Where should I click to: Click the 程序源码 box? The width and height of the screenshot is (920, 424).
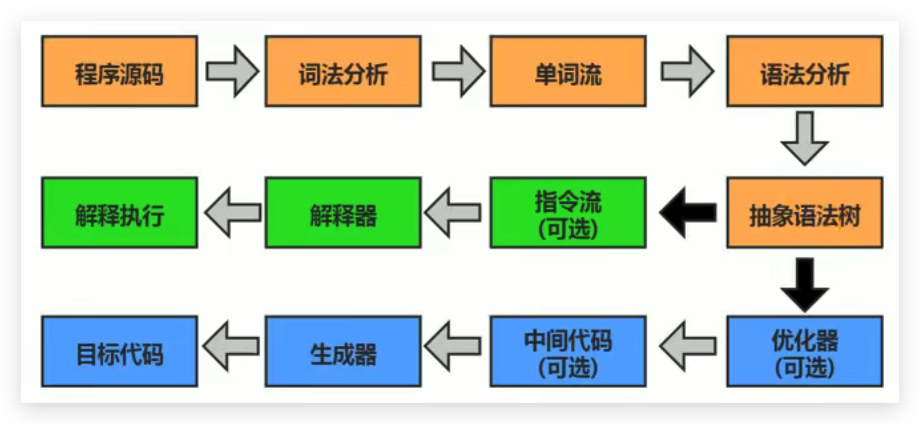120,71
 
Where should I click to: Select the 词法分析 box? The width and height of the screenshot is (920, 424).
343,71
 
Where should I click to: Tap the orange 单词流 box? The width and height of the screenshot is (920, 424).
568,71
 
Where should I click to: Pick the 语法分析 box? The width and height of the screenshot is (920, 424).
805,71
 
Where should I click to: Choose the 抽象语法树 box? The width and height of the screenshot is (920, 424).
805,213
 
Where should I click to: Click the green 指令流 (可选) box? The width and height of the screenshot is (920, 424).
568,213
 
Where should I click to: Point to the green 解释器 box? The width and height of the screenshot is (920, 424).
343,213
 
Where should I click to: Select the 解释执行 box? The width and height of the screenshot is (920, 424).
120,213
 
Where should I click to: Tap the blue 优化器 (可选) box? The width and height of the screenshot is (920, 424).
805,352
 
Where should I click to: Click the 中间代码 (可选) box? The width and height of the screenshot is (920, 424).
568,352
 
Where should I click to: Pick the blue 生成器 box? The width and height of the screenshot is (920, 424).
343,352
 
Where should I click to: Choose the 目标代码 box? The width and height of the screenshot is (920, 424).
120,352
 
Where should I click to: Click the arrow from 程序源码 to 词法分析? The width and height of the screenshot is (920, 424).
232,71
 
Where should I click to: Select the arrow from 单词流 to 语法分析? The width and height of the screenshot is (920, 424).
687,71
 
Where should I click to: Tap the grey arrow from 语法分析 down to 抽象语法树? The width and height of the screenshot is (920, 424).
805,138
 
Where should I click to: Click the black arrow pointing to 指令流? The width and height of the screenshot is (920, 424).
687,213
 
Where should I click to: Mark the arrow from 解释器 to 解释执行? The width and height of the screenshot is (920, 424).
232,213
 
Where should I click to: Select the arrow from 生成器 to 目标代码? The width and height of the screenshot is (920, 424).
231,346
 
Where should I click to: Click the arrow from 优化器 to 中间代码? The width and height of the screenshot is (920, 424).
687,346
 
